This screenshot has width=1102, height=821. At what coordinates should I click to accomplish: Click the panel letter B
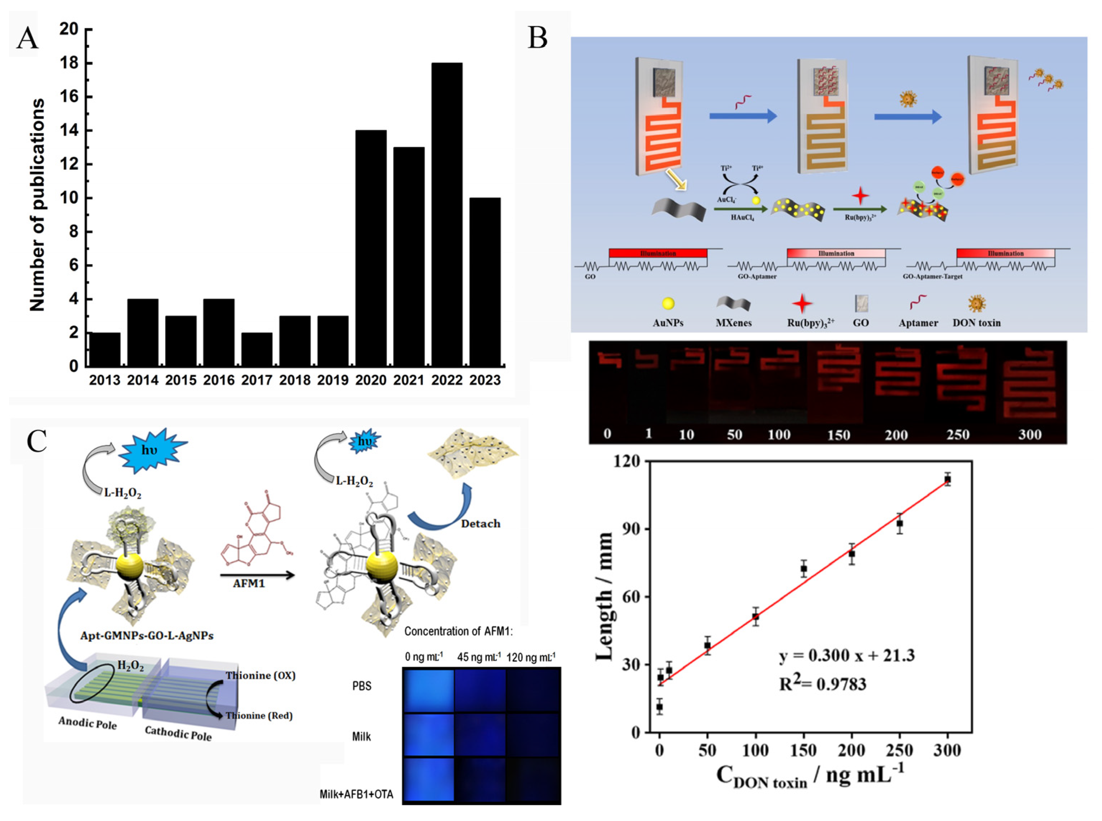pyautogui.click(x=537, y=38)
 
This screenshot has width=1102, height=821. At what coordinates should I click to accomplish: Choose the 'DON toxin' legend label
pyautogui.click(x=976, y=323)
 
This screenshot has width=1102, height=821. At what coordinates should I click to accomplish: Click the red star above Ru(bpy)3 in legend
pyautogui.click(x=801, y=303)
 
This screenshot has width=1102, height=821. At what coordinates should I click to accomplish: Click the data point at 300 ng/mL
pyautogui.click(x=947, y=480)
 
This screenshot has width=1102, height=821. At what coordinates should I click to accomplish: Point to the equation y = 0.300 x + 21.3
pyautogui.click(x=846, y=656)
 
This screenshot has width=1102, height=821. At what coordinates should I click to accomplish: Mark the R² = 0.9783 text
pyautogui.click(x=822, y=684)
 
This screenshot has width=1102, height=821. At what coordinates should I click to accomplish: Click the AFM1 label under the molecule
pyautogui.click(x=248, y=583)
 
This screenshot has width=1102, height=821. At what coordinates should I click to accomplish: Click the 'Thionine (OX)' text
pyautogui.click(x=260, y=675)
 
